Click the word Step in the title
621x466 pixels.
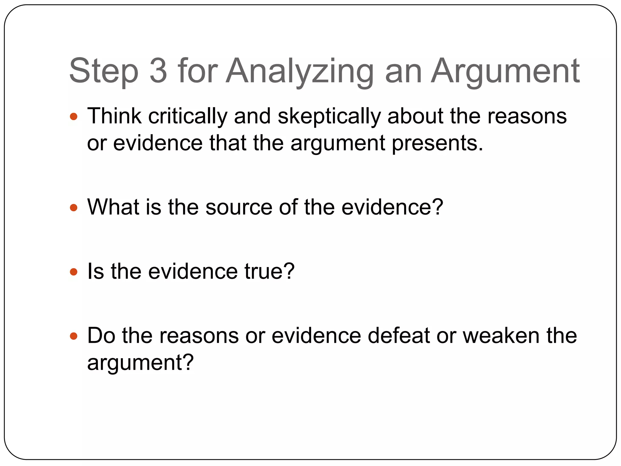tap(104, 71)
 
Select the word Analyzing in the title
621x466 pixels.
tap(300, 71)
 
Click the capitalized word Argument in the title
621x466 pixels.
tap(505, 71)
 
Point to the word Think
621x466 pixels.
tap(114, 116)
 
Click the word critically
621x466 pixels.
tap(188, 116)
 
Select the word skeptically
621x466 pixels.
tap(329, 116)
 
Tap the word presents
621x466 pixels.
tap(437, 143)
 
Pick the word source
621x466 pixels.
tap(239, 208)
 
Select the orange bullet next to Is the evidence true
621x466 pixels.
tap(74, 272)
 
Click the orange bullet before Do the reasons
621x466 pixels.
tap(74, 336)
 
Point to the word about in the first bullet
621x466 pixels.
tap(415, 116)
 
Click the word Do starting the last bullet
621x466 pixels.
tap(101, 336)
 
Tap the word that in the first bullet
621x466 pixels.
tap(228, 143)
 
